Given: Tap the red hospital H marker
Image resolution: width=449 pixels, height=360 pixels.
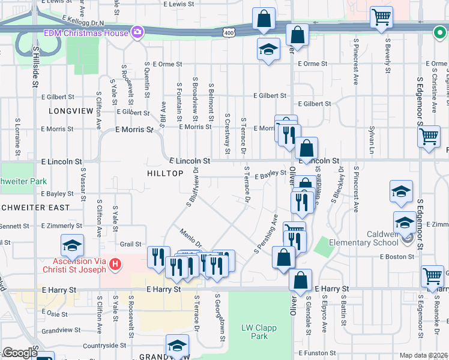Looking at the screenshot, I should click(115, 263).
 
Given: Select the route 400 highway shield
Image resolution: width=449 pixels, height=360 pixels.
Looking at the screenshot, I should click(228, 31).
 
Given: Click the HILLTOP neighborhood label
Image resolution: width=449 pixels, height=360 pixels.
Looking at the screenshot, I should click(164, 173).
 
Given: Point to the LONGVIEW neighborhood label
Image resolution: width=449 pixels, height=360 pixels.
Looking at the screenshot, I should click(71, 111).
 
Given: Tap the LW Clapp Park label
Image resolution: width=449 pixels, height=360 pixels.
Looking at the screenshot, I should click(255, 332).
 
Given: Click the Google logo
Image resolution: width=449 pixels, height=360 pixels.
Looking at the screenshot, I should click(20, 353).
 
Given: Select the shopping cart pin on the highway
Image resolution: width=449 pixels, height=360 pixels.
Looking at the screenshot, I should click(381, 19).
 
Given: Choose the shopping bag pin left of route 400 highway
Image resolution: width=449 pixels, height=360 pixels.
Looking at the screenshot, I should click(264, 20).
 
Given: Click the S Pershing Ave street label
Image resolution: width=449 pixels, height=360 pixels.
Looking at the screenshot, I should click(265, 233).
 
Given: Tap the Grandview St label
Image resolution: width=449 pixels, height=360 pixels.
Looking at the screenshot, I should click(61, 330).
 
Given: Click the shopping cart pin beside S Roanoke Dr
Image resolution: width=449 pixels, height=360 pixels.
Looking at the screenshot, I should click(432, 277).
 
